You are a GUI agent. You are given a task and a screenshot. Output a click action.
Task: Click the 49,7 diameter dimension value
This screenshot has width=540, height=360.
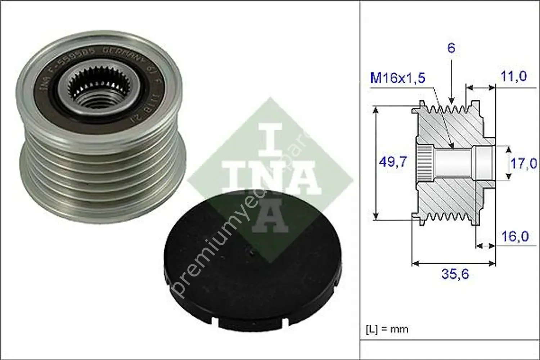click(393, 162)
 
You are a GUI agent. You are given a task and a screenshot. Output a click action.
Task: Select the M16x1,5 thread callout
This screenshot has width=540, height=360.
click(398, 78)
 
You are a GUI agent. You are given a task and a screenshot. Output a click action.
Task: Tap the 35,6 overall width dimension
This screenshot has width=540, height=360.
click(455, 274)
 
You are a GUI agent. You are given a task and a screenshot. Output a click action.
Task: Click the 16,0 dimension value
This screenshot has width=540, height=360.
click(515, 237)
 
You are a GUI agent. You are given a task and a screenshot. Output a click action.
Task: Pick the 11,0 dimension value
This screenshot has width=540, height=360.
click(513, 76)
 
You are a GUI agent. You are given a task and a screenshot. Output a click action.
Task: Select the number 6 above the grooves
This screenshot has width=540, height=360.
click(451, 48)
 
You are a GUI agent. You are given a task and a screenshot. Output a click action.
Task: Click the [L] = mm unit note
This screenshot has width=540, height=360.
click(387, 329)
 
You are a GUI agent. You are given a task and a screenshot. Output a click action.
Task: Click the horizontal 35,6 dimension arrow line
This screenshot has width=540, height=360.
click(453, 264)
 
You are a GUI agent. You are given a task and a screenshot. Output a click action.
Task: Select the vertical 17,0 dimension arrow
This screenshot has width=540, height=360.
click(508, 162)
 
